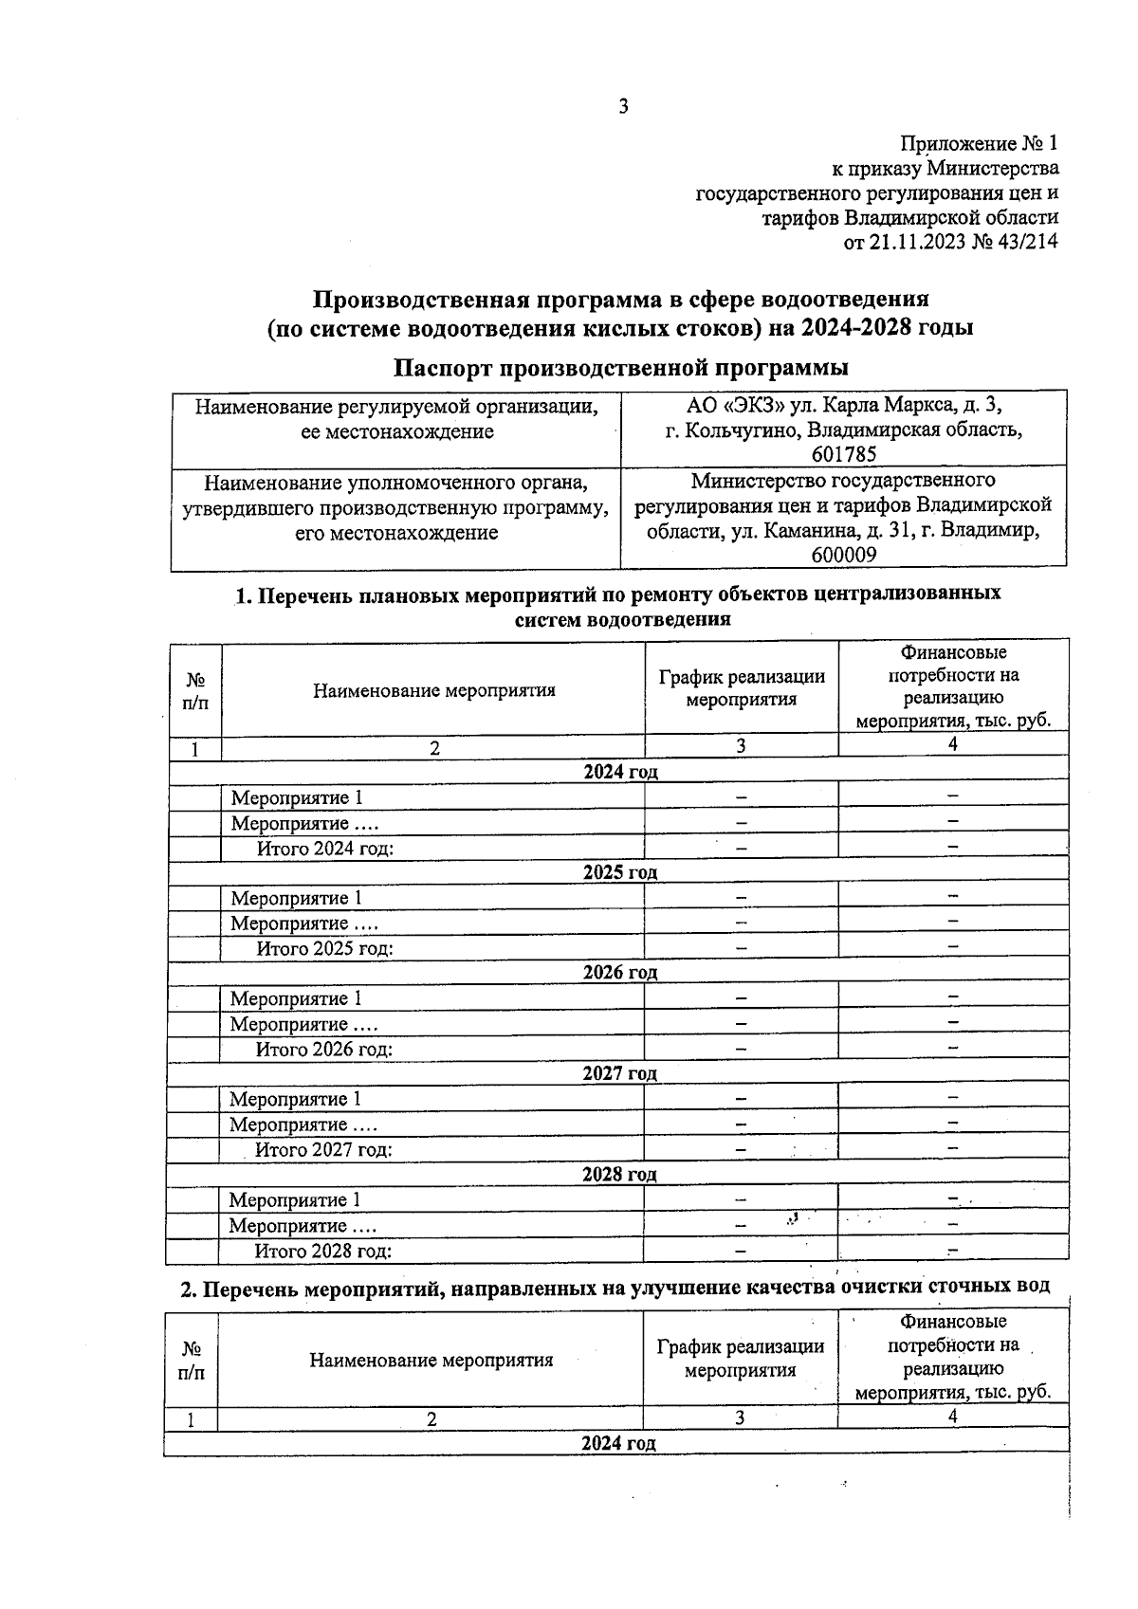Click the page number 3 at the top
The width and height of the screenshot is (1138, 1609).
coord(623,106)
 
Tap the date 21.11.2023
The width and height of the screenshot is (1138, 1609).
coord(915,242)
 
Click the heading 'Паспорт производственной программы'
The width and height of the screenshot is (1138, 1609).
coord(621,368)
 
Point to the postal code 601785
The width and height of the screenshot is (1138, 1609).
coord(843,454)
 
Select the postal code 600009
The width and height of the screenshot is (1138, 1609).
coord(843,556)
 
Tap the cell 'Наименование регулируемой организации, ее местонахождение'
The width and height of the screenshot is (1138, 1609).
coord(396,419)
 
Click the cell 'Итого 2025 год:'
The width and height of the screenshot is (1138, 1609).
coord(324,948)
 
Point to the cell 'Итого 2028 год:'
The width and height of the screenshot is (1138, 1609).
coord(322,1251)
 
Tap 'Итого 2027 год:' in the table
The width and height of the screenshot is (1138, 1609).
coord(323,1150)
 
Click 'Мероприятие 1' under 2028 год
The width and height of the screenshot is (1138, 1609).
coord(295,1200)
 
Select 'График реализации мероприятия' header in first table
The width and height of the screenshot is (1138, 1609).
coord(742,688)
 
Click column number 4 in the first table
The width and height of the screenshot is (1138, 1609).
coord(953,745)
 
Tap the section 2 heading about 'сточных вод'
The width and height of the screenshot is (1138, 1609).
coord(615,1287)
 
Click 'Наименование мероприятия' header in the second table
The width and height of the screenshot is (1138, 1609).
coord(431,1361)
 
